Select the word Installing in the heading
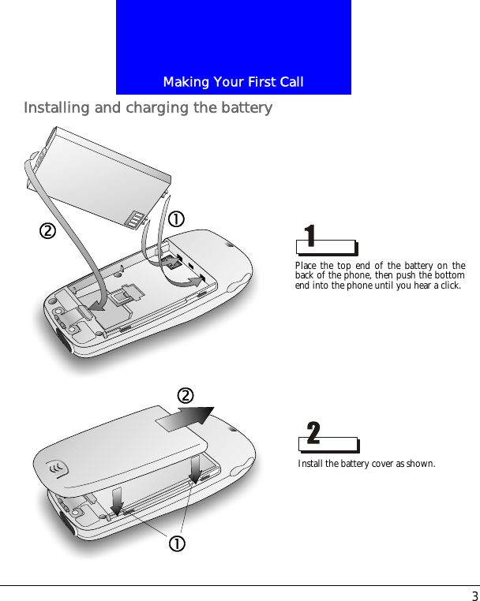pos(56,107)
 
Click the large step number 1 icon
pos(311,235)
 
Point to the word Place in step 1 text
pos(306,266)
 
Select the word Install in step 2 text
pos(310,464)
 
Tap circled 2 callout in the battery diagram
pos(47,231)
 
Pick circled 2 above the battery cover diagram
pos(186,395)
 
